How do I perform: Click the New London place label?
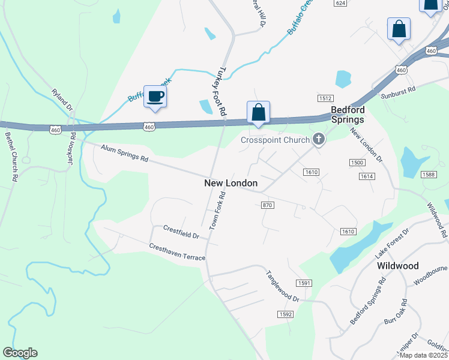[231, 183]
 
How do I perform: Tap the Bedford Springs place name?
[348, 115]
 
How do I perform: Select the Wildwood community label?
[397, 265]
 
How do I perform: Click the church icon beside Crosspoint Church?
[318, 140]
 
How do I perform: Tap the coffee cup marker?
[155, 97]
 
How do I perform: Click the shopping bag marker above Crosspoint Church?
[258, 112]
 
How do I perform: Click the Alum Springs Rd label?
[124, 154]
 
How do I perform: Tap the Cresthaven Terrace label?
[177, 253]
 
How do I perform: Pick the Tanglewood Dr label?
[282, 286]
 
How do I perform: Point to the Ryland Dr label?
[62, 100]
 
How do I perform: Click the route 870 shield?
[268, 205]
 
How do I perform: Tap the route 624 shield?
[341, 3]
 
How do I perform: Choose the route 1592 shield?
[285, 314]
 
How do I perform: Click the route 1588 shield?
[428, 175]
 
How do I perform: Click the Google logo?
[20, 353]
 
